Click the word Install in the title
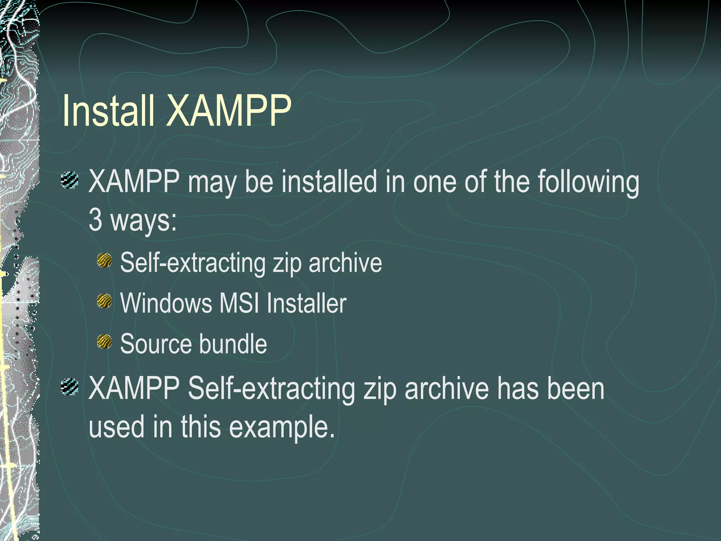tap(108, 111)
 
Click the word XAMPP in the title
tap(229, 111)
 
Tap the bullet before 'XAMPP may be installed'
tap(69, 180)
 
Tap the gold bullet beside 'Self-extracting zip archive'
tap(104, 261)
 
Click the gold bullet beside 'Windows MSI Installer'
tap(104, 301)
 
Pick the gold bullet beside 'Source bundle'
tap(104, 342)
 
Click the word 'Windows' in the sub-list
tap(166, 303)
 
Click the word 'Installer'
tap(306, 303)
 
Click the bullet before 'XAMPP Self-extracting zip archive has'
tap(69, 387)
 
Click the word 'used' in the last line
tap(117, 427)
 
